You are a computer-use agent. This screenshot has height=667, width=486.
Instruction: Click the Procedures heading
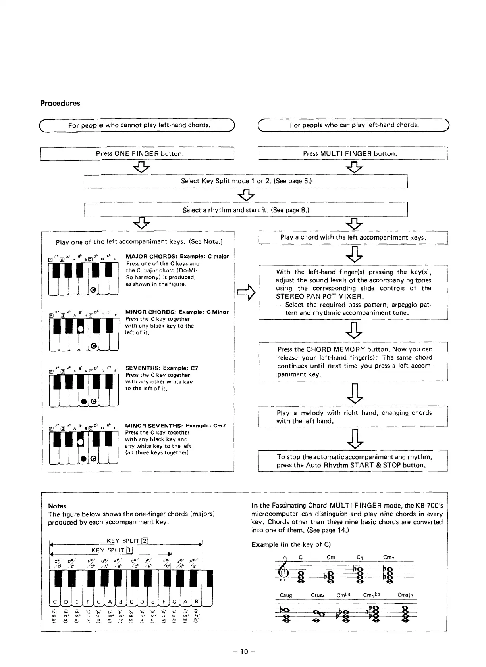coord(60,103)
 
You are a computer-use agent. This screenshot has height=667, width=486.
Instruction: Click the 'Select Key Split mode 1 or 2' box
coord(246,181)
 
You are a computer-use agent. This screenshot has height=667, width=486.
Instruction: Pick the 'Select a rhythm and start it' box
coord(246,210)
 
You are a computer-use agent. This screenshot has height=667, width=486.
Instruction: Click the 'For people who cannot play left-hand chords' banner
coord(139,125)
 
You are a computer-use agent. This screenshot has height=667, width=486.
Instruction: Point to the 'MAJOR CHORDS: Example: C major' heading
coord(177,256)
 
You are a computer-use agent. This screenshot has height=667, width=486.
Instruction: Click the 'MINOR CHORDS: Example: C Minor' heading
coord(177,312)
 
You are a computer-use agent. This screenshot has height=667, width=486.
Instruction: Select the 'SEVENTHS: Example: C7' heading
coord(162,368)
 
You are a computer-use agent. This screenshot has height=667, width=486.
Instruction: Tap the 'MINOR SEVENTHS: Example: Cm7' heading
coord(175,425)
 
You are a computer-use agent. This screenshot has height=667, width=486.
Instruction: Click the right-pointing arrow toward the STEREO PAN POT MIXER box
coord(245,292)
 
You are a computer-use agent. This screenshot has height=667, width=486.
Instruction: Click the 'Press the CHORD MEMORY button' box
coord(353,361)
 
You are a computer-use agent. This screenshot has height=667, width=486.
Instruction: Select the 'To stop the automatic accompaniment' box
coord(353,461)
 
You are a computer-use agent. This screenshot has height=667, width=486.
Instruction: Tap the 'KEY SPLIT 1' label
coord(112,550)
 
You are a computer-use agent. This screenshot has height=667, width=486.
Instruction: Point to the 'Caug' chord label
coord(286,595)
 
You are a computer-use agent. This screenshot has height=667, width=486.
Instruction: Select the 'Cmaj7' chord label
coord(406,595)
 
